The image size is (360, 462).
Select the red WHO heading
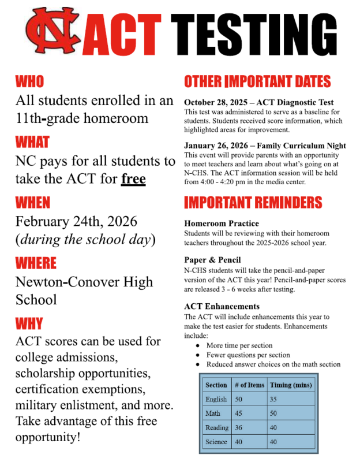29,81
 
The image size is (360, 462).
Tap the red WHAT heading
32,141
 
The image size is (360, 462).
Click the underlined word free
133,179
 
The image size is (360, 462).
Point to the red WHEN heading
33,202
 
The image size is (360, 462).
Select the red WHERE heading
36,263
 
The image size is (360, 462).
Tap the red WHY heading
29,323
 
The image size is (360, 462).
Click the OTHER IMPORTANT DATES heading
257,81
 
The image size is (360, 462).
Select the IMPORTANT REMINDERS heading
253,202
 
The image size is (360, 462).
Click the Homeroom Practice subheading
222,223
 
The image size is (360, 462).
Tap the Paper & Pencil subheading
212,260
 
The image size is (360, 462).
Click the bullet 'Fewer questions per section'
248,355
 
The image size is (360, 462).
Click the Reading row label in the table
216,427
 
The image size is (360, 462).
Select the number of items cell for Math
239,413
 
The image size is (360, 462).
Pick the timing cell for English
275,399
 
